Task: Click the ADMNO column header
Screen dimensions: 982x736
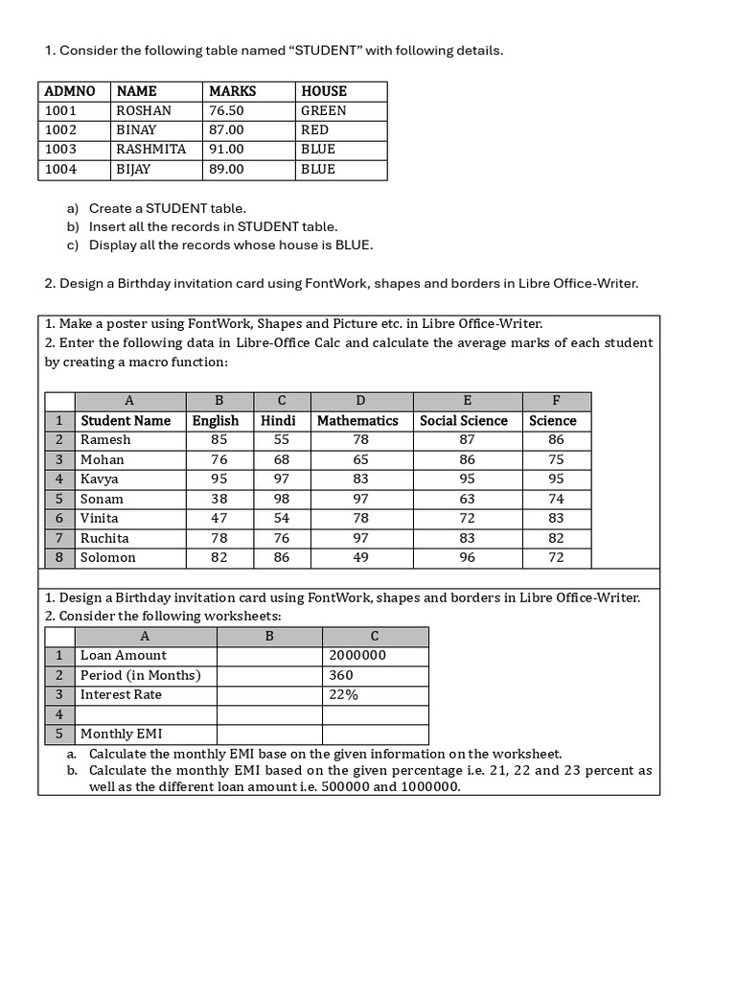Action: [x=70, y=91]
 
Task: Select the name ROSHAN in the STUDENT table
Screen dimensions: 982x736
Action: [x=144, y=110]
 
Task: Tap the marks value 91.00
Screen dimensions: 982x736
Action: [x=226, y=149]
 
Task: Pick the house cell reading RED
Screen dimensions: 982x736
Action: [x=314, y=129]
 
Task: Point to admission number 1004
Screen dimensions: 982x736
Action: [x=60, y=169]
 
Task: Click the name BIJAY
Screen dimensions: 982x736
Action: [x=133, y=169]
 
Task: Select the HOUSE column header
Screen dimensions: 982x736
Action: [x=324, y=91]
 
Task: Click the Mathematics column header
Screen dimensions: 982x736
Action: [x=357, y=420]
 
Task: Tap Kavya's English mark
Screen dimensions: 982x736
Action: [x=219, y=479]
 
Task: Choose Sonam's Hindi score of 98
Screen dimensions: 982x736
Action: [x=281, y=499]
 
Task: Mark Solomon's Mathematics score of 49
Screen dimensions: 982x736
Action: [x=360, y=557]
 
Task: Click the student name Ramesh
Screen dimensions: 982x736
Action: [x=105, y=439]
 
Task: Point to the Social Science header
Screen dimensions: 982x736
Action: [x=464, y=420]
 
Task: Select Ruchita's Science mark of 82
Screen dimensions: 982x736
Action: [x=556, y=538]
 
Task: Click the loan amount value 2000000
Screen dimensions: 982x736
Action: [x=357, y=655]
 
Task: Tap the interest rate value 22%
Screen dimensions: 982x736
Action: [x=343, y=694]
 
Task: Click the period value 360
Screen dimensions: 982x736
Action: [x=340, y=675]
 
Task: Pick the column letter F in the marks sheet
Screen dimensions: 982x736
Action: [x=556, y=400]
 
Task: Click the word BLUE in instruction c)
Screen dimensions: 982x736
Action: [x=352, y=245]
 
